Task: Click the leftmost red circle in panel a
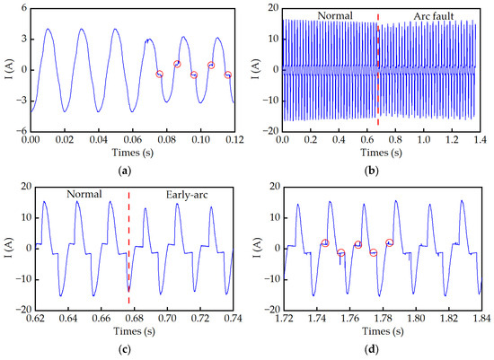pos(160,74)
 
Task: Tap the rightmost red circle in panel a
pos(227,75)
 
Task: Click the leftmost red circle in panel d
pos(325,243)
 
